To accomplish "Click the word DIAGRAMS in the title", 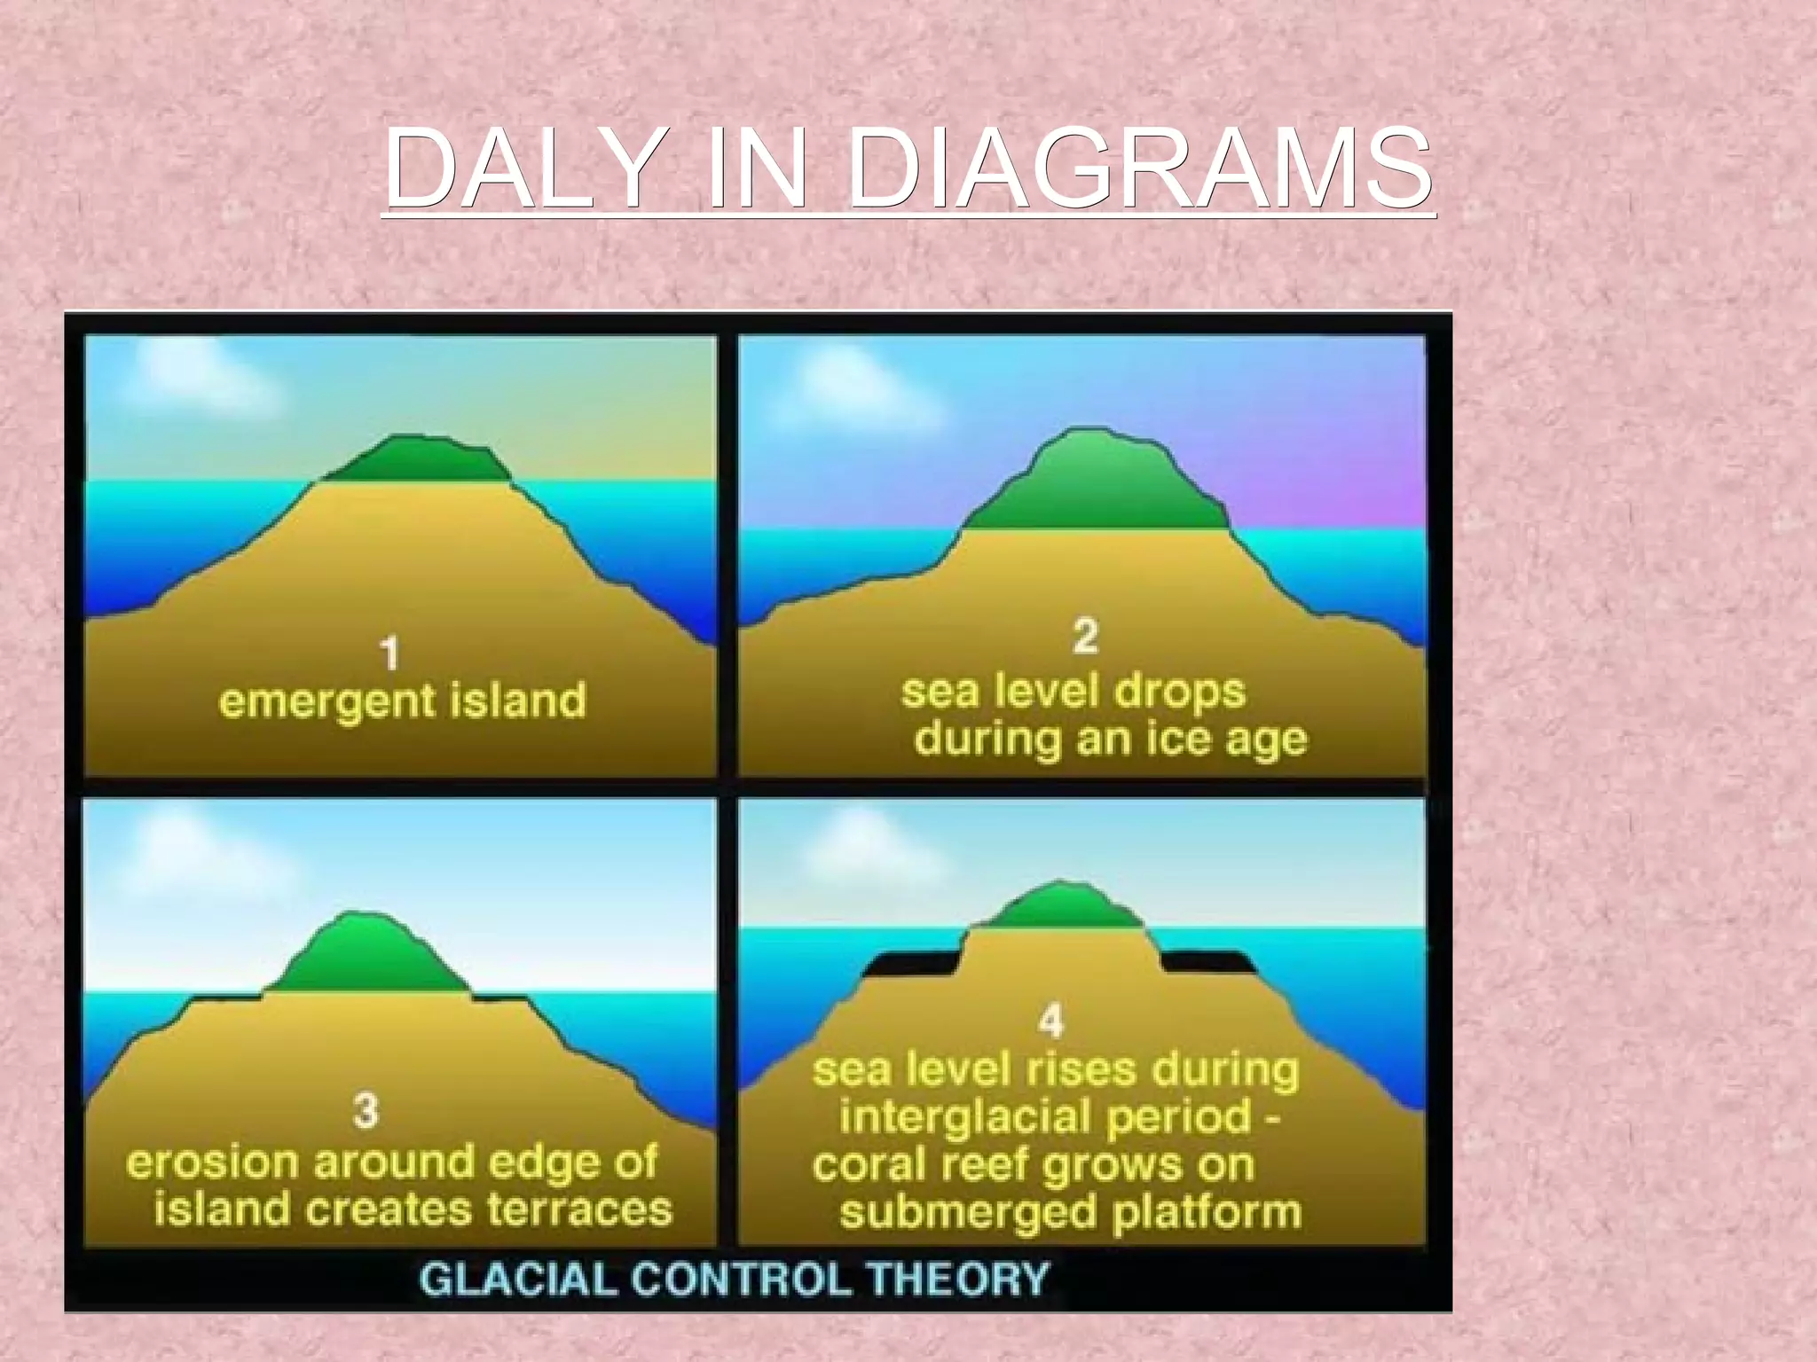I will [x=1139, y=168].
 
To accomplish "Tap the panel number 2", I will [x=1085, y=636].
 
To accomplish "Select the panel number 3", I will [x=366, y=1110].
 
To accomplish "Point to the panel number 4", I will [x=1050, y=1021].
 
